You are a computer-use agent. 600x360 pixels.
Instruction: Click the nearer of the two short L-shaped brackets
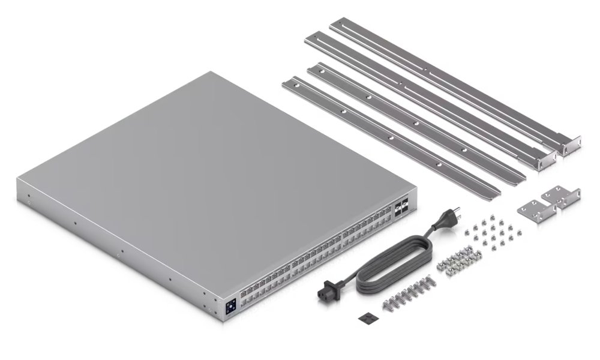pos(530,212)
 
